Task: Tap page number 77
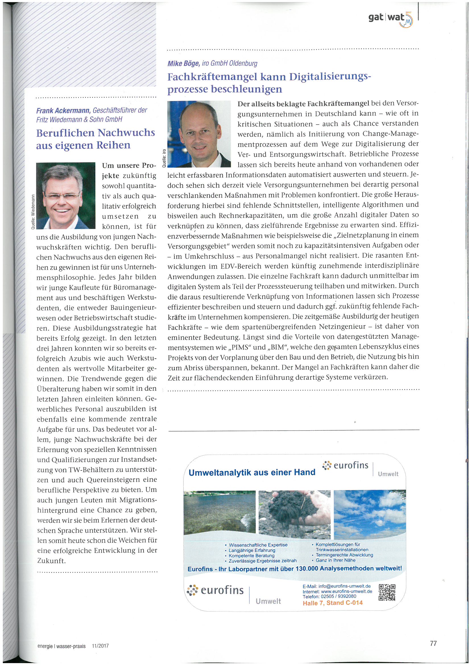pos(433,643)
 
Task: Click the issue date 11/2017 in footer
pos(100,646)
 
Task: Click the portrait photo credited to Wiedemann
pos(66,195)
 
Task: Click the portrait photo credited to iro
pos(199,134)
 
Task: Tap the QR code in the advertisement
pos(387,592)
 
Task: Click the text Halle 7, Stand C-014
pos(332,603)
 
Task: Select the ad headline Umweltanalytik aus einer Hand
pos(252,472)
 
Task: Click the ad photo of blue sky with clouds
pos(370,514)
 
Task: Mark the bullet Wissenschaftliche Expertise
pos(258,545)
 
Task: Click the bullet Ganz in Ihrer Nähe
pos(335,560)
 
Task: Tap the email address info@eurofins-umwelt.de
pos(344,586)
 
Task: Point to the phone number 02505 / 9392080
pos(338,596)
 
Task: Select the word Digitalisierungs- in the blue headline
pos(330,77)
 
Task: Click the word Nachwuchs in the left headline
pos(126,133)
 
